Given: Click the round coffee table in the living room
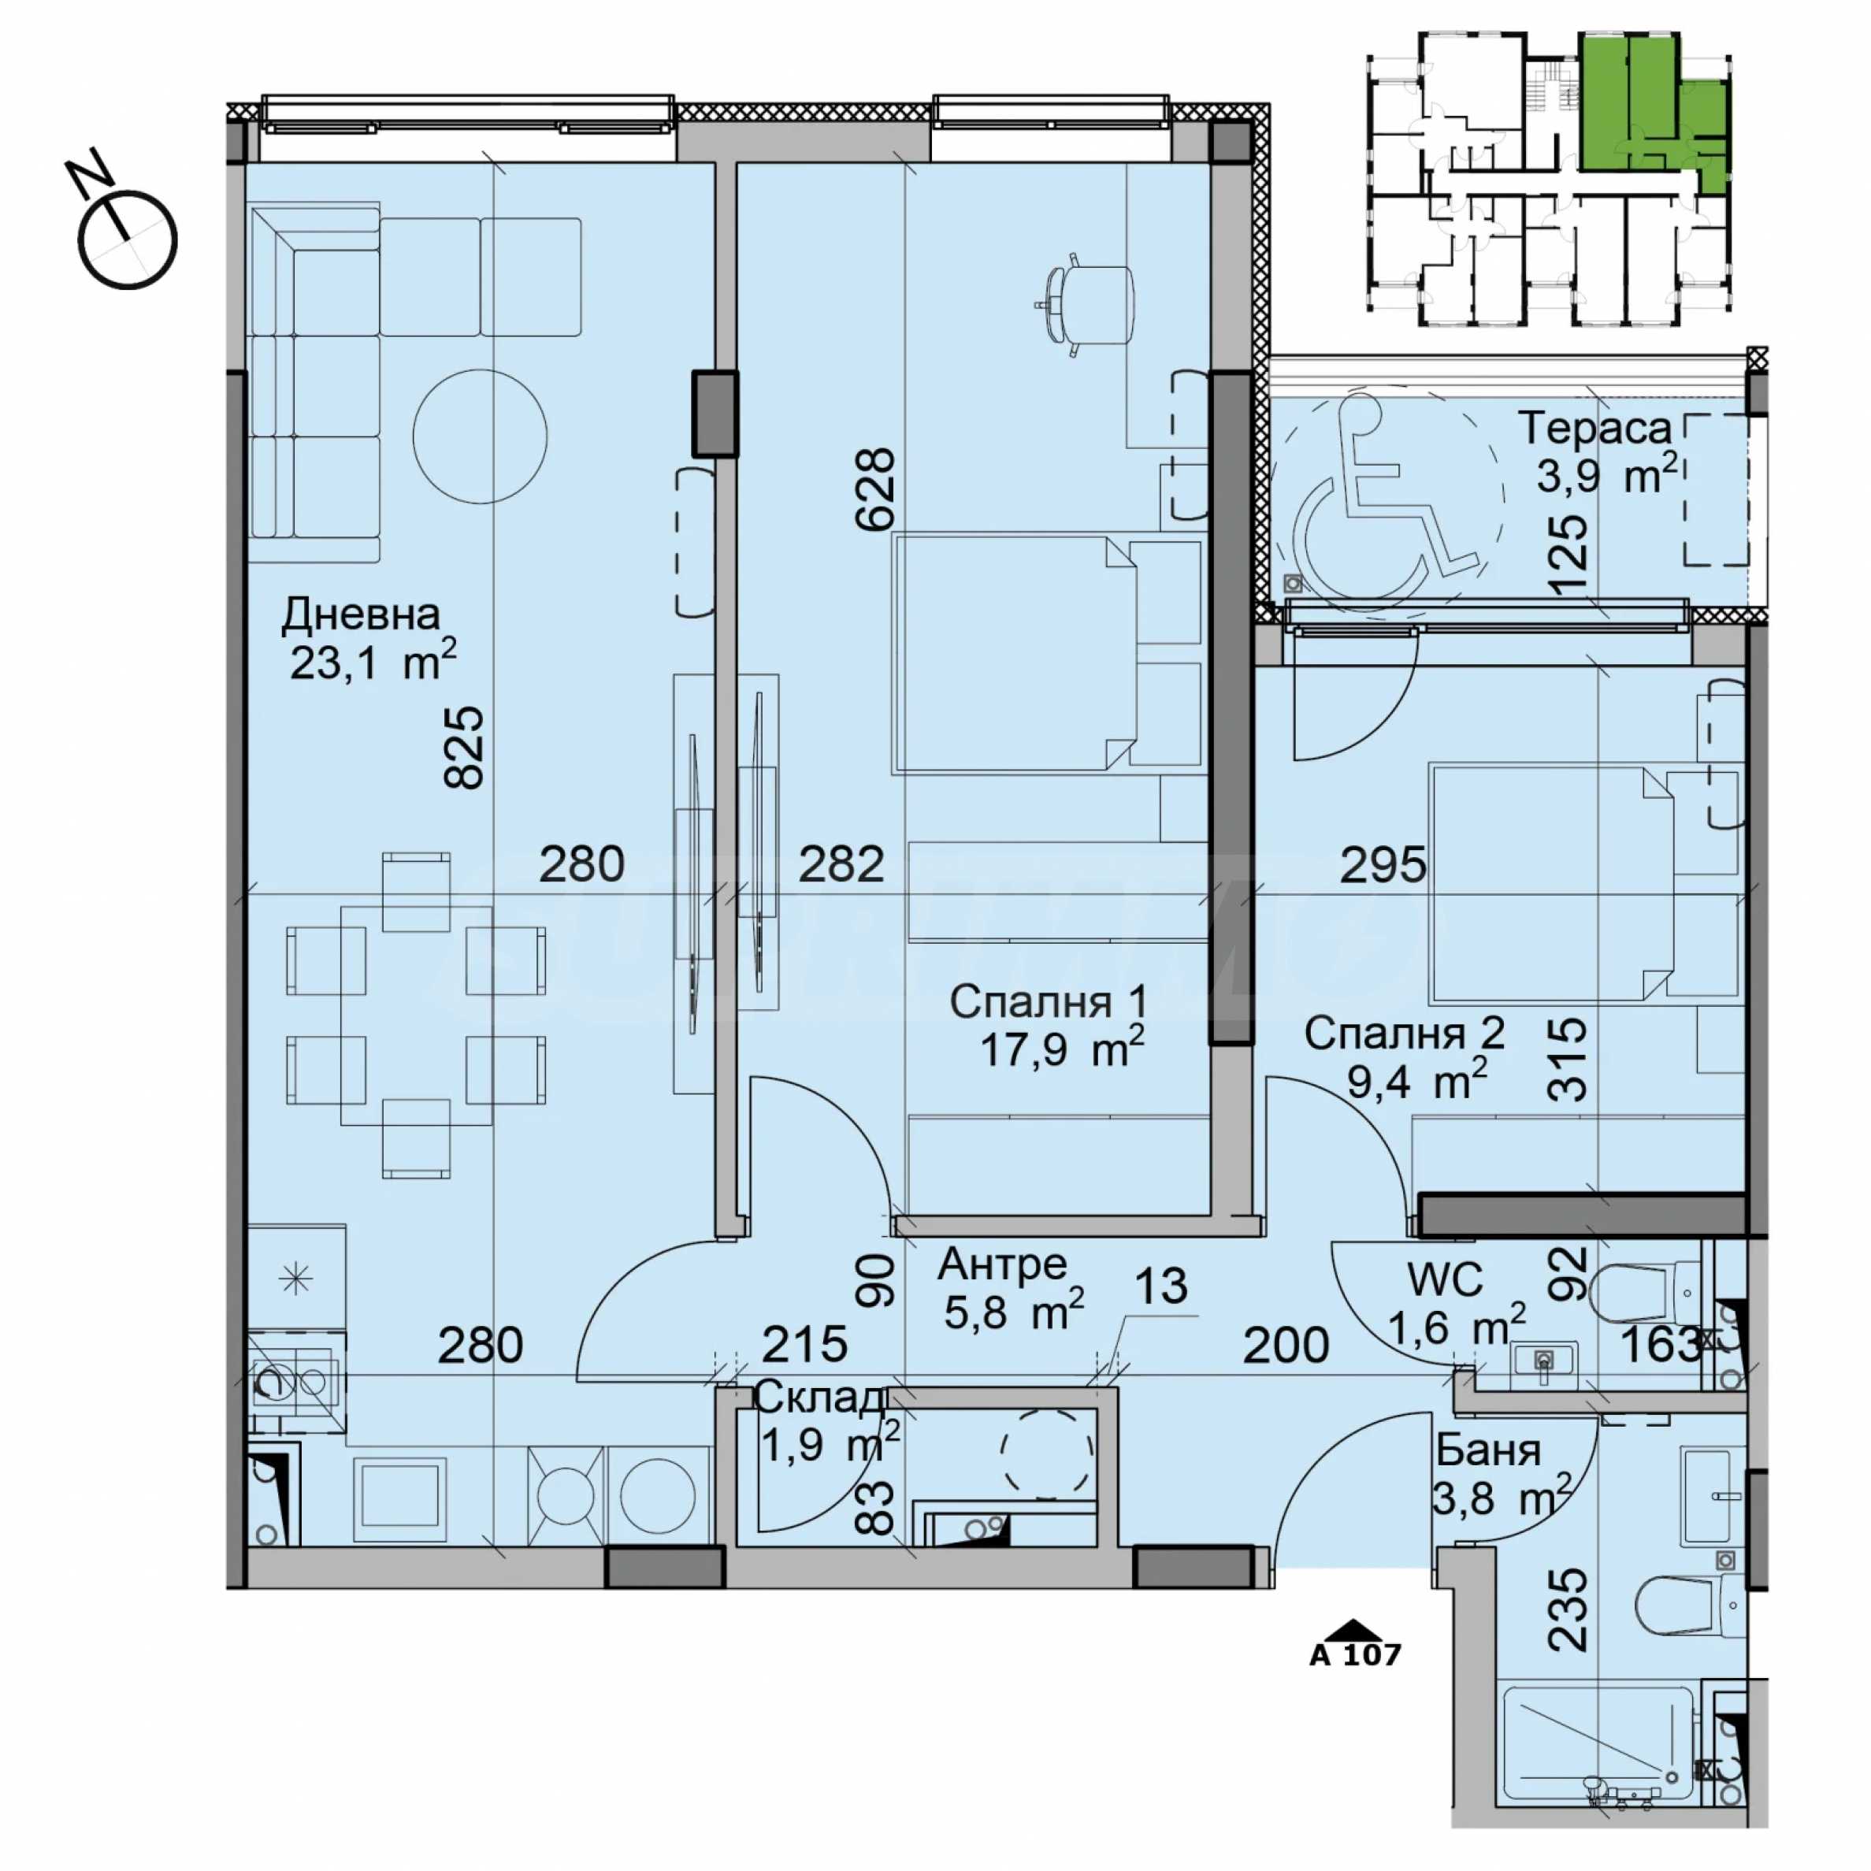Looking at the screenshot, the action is [481, 436].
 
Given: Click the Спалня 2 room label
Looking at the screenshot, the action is [1403, 1034].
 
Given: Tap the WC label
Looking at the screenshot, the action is [1445, 1280].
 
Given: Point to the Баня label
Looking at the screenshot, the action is [1488, 1450].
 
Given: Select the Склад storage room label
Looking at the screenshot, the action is [819, 1398].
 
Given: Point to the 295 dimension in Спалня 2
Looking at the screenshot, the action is [1383, 865].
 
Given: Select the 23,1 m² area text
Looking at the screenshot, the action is [373, 663].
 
